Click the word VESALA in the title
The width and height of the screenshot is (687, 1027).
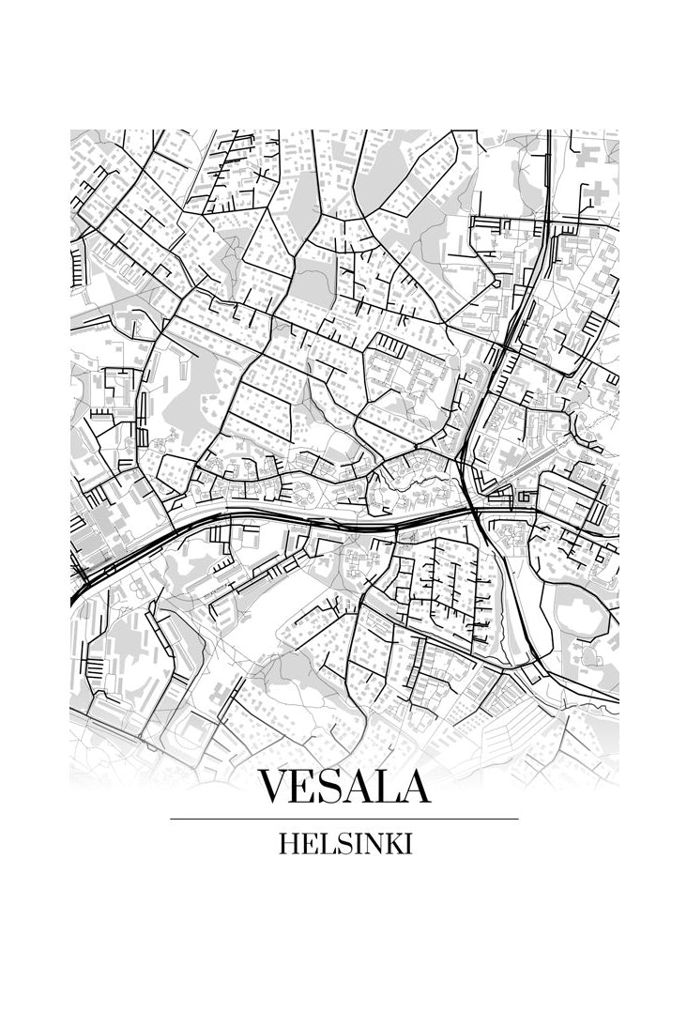click(343, 787)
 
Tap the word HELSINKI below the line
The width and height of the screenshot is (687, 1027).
click(344, 844)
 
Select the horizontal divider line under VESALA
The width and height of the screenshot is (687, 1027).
click(343, 819)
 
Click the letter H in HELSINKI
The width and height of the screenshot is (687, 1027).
click(288, 844)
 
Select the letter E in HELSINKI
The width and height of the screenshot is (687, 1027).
click(306, 844)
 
